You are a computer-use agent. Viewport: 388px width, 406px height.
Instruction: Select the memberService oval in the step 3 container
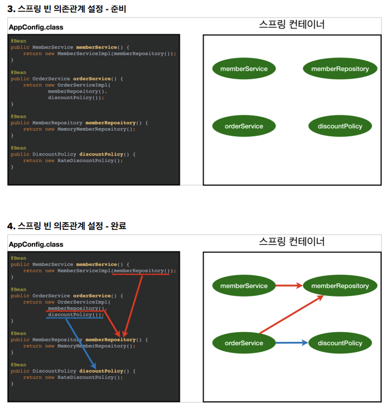244,69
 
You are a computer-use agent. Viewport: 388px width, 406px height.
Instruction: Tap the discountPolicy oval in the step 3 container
340,126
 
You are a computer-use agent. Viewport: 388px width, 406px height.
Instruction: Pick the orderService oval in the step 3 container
244,126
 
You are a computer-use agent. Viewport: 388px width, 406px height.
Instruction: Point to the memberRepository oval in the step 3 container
340,69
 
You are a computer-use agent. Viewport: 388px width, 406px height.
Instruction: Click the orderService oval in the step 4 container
244,343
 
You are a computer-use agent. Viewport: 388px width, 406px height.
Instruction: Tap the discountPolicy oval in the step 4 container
340,343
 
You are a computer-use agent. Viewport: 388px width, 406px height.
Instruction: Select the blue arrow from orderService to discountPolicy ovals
292,343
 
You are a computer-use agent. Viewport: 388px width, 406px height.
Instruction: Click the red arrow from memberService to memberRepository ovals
289,286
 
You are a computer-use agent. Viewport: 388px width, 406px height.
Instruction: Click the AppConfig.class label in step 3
36,27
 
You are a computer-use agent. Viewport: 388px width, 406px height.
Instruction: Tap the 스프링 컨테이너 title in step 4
292,241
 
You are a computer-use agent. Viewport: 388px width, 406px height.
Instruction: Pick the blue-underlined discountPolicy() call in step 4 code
76,315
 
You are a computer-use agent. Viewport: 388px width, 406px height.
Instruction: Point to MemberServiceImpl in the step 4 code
84,271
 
